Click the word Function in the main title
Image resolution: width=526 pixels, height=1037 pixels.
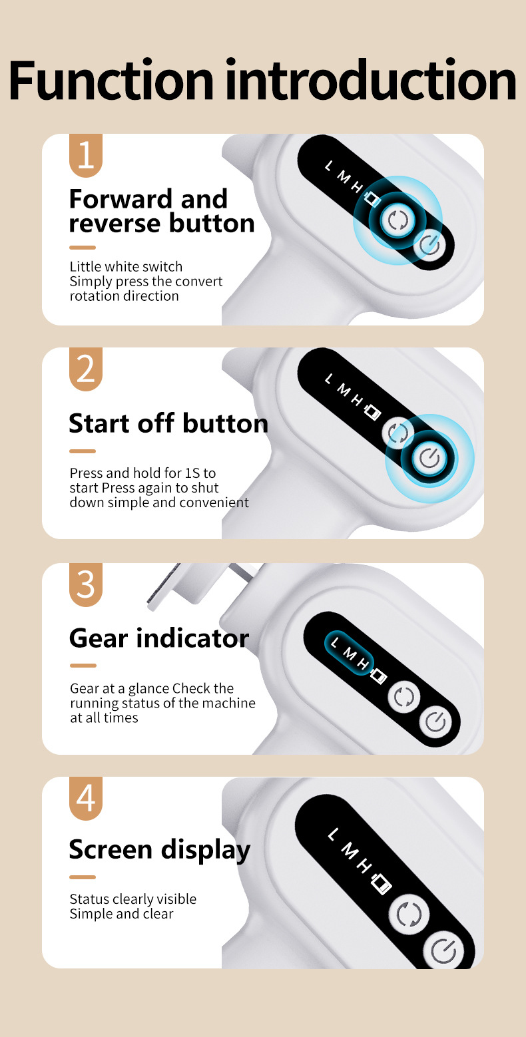click(x=111, y=80)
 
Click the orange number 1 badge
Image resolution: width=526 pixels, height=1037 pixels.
click(x=86, y=155)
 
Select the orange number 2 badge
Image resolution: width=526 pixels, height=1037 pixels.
click(x=86, y=369)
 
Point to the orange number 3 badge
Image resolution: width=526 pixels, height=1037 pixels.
click(x=86, y=584)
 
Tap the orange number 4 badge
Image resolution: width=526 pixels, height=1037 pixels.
click(x=86, y=799)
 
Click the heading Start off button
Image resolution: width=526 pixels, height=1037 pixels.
click(x=168, y=423)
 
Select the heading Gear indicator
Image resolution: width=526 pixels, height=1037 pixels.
click(x=159, y=638)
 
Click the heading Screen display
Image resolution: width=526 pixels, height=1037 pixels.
click(x=160, y=851)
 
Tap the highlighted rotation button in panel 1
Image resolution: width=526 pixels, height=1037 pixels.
click(x=397, y=220)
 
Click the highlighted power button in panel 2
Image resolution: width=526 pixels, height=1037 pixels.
click(x=429, y=459)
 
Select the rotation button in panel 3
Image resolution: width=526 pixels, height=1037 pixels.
click(x=403, y=697)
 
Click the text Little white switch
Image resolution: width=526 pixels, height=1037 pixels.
click(x=126, y=267)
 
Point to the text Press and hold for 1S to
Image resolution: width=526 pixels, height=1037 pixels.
click(x=142, y=473)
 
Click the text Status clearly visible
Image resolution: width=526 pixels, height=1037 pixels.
click(x=133, y=899)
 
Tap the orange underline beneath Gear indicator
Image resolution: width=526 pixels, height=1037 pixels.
click(x=83, y=666)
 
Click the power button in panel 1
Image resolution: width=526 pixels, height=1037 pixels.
click(x=429, y=245)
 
